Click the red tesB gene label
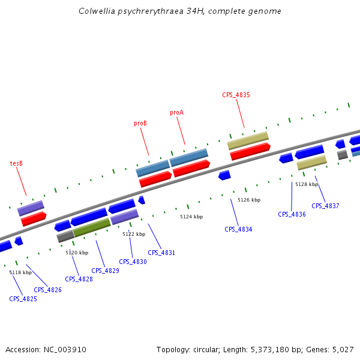[x=16, y=163]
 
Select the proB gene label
[x=140, y=124]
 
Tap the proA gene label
[x=176, y=112]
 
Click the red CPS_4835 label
[x=236, y=95]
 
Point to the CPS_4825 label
[x=23, y=299]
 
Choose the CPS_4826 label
[x=47, y=290]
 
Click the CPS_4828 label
[x=79, y=279]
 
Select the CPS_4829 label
[x=105, y=271]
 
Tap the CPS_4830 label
[x=133, y=262]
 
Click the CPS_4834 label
[x=238, y=229]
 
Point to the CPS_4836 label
[x=292, y=214]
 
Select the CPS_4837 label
[x=325, y=206]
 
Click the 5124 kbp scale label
[x=191, y=217]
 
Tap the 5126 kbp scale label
[x=249, y=200]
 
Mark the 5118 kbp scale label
[x=20, y=272]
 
